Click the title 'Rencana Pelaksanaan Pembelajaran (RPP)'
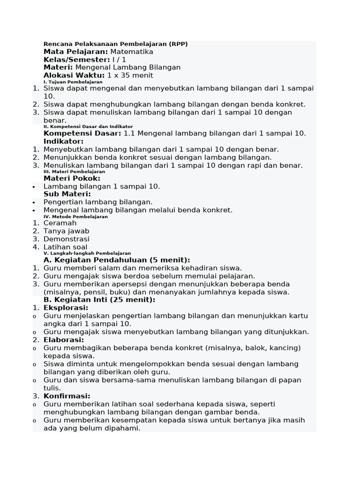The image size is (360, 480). click(x=115, y=44)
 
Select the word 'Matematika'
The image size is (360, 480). click(x=132, y=52)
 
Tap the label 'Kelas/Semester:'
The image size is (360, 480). click(x=76, y=60)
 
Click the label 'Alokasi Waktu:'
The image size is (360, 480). click(x=74, y=75)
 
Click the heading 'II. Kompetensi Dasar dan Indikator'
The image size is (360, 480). click(x=88, y=127)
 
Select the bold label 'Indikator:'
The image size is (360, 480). click(x=63, y=141)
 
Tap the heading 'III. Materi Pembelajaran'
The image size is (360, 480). click(x=74, y=172)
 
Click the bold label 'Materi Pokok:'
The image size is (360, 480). click(x=72, y=179)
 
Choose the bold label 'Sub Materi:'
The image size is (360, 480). click(x=67, y=194)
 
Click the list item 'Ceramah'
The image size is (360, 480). click(x=60, y=223)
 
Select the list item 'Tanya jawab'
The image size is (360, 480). click(x=66, y=231)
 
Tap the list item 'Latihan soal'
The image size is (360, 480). click(x=65, y=247)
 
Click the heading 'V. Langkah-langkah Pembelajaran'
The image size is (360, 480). click(x=87, y=253)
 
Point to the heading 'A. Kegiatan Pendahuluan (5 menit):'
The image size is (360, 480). click(x=117, y=260)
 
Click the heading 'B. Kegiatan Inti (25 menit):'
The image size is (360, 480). click(x=99, y=300)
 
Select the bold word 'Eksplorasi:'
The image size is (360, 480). click(x=66, y=308)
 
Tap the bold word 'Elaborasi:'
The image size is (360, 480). click(x=64, y=340)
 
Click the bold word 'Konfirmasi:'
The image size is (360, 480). click(x=67, y=396)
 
